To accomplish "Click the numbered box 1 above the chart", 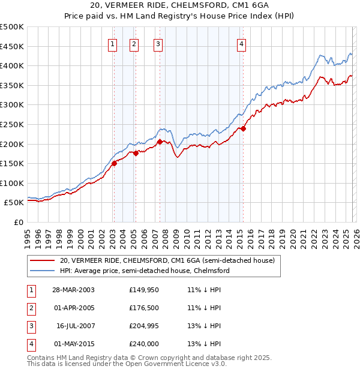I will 113,43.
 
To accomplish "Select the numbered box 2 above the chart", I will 134,43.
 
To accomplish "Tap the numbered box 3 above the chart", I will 158,43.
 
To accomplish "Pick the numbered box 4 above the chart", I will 241,43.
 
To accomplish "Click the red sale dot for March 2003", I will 114,163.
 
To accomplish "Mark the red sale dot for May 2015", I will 244,128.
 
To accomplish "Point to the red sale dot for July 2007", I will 160,142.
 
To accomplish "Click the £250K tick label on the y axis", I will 12,124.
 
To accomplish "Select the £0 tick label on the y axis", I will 18,222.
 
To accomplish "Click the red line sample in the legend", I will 42,260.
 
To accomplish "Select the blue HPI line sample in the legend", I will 42,271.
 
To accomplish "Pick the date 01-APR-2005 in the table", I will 73,308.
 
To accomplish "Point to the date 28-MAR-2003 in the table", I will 73,290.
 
